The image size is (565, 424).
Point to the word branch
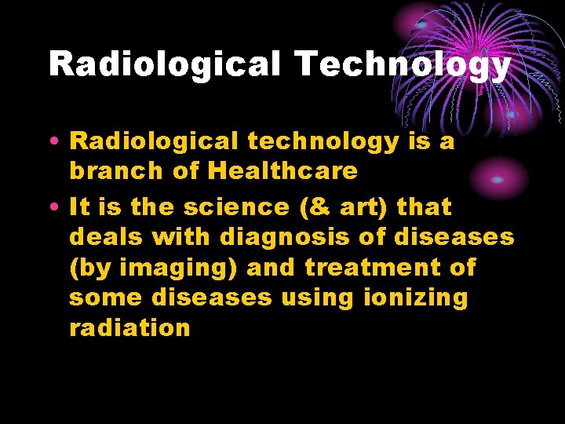point(118,170)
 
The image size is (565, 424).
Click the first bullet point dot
point(56,141)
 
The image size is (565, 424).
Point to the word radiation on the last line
point(129,327)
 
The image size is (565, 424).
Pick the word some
point(106,298)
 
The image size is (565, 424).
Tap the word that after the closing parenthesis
point(425,207)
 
